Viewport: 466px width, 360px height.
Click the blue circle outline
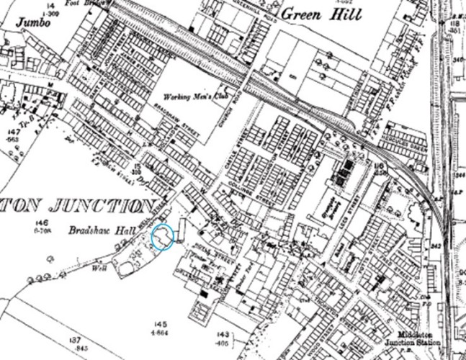pyautogui.click(x=163, y=237)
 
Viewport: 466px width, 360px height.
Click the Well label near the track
pyautogui.click(x=99, y=266)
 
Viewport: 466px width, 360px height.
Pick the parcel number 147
pyautogui.click(x=12, y=132)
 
